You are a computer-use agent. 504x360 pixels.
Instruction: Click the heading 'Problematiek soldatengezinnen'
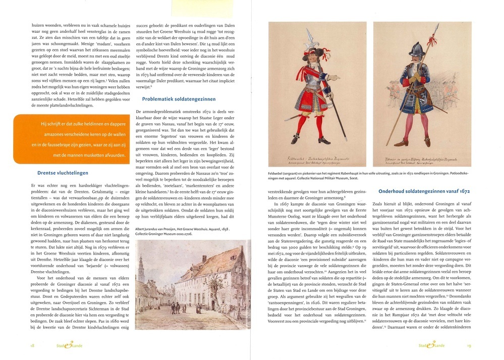(179, 99)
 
